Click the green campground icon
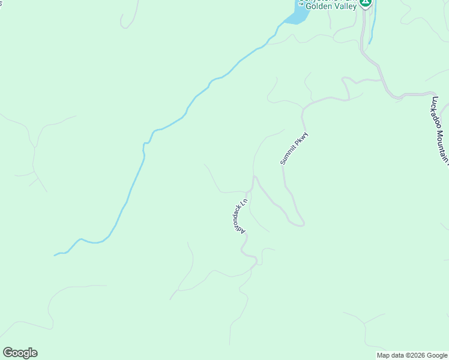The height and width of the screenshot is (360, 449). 366,2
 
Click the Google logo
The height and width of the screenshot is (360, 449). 20,353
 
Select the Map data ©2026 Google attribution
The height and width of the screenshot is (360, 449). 412,355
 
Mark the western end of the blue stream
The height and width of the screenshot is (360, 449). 55,256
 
